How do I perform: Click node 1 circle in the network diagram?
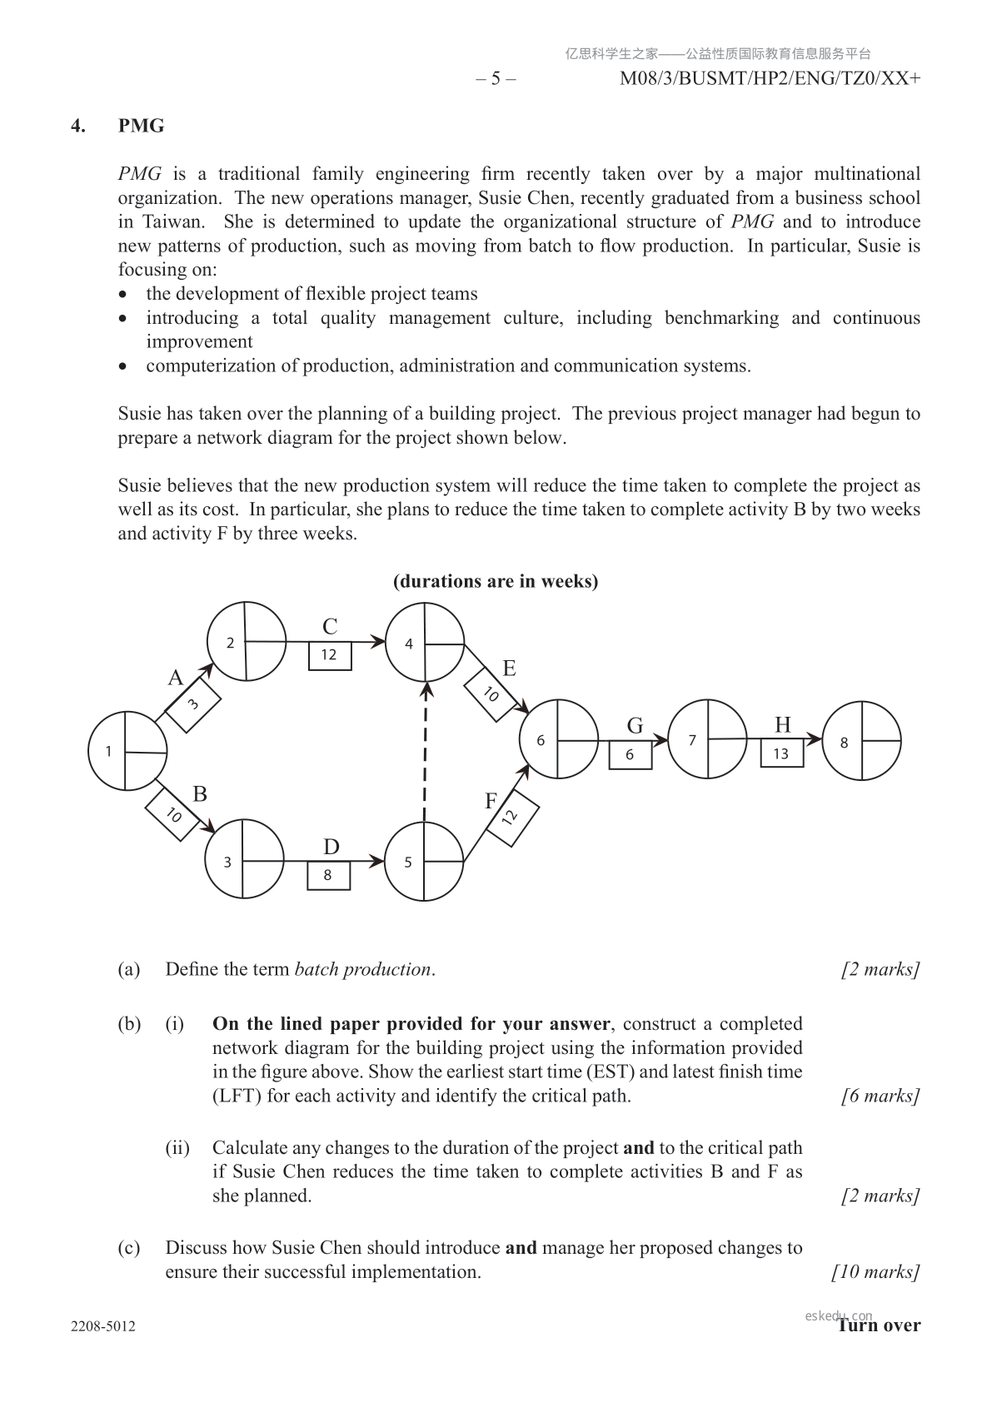127,751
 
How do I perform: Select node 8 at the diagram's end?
862,741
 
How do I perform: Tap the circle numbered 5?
424,862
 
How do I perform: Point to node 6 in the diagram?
558,739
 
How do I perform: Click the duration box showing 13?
781,753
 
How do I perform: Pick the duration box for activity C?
330,655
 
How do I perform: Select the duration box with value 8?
328,875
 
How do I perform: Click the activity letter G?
635,726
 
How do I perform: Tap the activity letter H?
782,724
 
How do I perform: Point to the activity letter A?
175,678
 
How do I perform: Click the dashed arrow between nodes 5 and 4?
426,753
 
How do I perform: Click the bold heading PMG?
141,126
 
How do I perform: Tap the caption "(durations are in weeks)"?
496,581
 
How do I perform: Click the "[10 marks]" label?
875,1271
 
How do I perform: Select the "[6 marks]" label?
880,1096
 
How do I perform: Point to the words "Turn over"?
879,1325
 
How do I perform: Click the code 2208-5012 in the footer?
103,1326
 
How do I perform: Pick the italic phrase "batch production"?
363,969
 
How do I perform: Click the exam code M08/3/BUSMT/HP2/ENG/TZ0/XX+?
770,78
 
